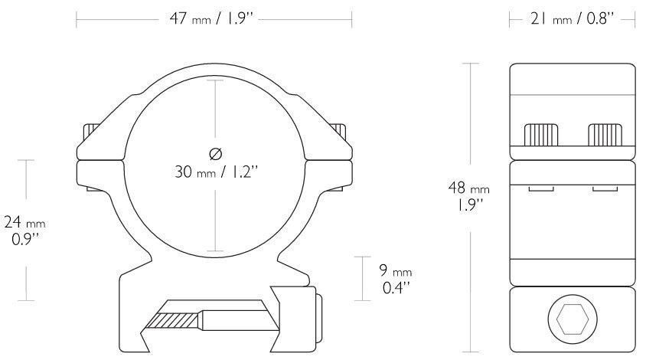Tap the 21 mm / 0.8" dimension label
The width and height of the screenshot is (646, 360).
tap(573, 19)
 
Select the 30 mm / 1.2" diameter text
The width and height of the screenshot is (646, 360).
tap(216, 172)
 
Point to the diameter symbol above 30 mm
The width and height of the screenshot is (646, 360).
tap(216, 154)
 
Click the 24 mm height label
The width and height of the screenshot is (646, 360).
tap(24, 222)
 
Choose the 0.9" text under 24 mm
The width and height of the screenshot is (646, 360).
tap(24, 239)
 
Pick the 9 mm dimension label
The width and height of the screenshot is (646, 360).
tap(396, 270)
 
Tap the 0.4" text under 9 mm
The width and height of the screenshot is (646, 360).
tap(396, 287)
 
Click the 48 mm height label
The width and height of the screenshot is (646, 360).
tap(469, 188)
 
